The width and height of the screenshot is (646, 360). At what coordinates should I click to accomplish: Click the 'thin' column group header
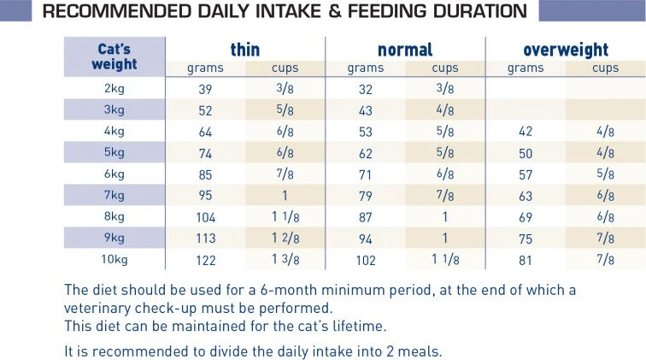(x=244, y=50)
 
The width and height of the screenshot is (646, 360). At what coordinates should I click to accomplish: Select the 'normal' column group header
(x=405, y=50)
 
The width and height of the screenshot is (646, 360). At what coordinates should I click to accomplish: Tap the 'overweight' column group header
(x=567, y=50)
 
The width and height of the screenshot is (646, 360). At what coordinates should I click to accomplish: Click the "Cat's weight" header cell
(x=115, y=56)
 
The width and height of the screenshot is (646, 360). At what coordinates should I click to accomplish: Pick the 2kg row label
(x=115, y=87)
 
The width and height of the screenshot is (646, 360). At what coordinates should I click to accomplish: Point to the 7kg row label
(x=115, y=198)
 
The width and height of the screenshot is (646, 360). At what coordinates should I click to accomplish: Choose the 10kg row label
(x=115, y=258)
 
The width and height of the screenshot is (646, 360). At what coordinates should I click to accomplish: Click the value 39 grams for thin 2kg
(x=205, y=87)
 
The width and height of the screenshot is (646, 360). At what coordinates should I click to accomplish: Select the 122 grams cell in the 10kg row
(x=205, y=258)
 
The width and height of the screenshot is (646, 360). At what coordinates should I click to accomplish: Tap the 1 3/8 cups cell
(x=285, y=258)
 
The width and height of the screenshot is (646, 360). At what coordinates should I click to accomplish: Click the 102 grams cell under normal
(x=365, y=258)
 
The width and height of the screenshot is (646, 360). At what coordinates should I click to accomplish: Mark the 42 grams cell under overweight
(x=526, y=131)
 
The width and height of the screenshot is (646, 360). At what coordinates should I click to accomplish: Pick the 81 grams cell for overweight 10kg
(x=526, y=258)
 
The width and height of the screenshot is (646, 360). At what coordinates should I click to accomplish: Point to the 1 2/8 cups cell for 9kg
(x=285, y=237)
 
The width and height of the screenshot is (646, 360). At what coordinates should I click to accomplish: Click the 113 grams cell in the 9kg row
(x=205, y=237)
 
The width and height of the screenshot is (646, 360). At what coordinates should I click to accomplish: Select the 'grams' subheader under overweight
(x=526, y=68)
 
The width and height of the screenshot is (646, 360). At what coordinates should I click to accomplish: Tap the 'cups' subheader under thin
(x=285, y=68)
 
